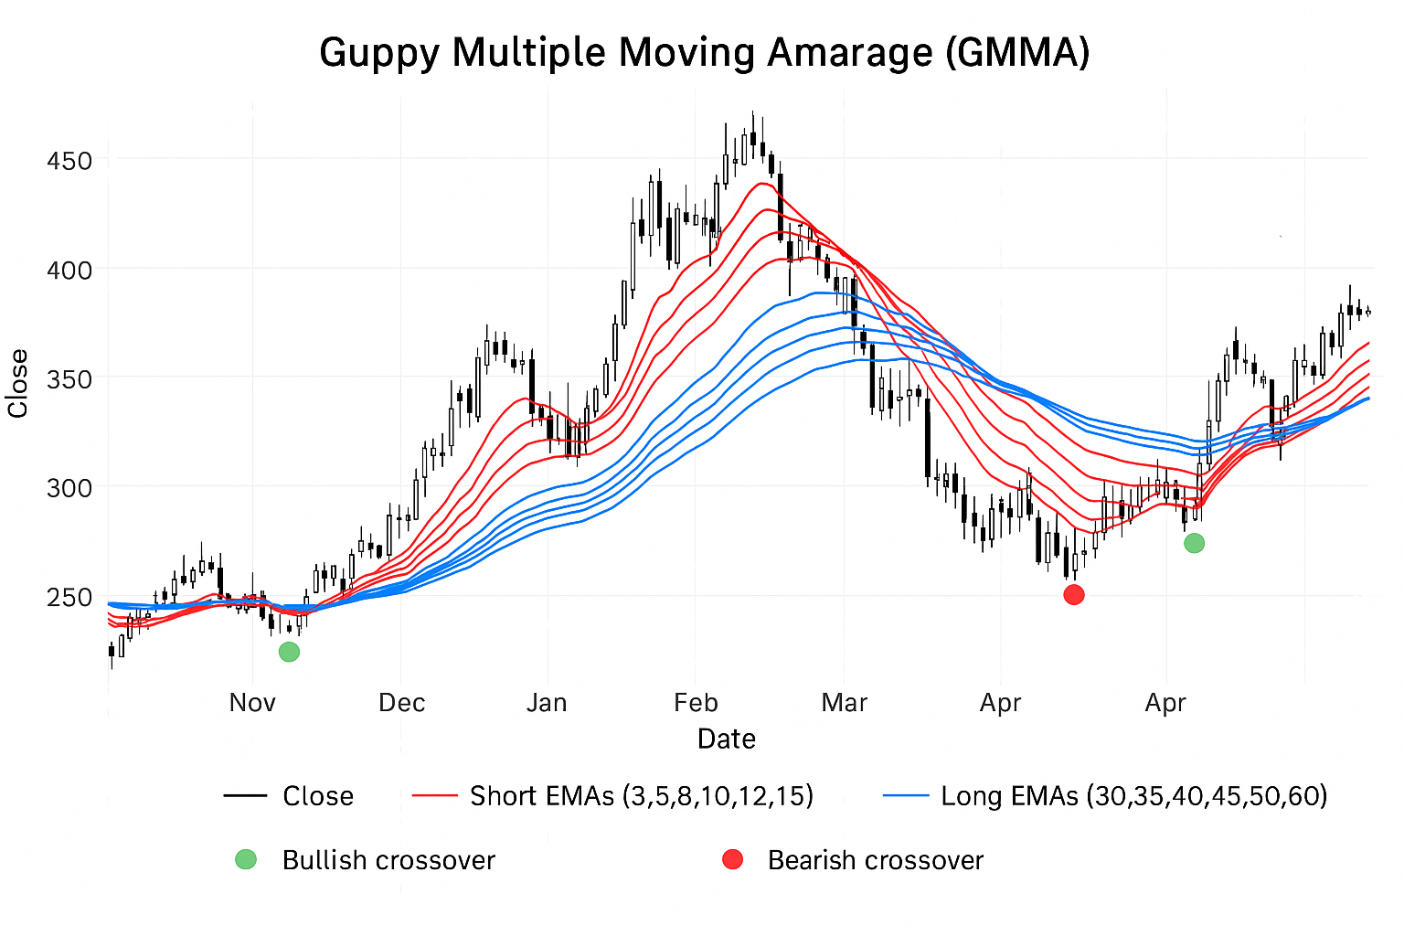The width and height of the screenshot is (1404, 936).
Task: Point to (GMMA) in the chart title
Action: click(x=1017, y=53)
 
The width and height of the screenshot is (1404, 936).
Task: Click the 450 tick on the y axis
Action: click(x=69, y=161)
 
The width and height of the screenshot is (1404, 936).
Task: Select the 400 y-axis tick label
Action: click(x=69, y=271)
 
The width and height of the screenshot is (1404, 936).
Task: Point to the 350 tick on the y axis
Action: click(x=69, y=379)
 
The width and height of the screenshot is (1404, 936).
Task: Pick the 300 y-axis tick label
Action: click(x=69, y=488)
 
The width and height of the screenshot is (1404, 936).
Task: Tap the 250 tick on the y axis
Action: click(x=69, y=598)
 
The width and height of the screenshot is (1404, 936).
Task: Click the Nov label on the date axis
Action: click(x=252, y=703)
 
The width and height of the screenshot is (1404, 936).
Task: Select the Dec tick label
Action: click(x=402, y=703)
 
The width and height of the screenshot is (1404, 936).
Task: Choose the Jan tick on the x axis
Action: click(x=547, y=703)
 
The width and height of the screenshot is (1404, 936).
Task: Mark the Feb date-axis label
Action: click(x=696, y=703)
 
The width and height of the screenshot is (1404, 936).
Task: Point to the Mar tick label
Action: click(x=844, y=703)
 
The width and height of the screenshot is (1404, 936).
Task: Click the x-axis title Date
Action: click(x=727, y=739)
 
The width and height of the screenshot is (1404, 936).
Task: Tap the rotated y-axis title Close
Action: click(x=18, y=384)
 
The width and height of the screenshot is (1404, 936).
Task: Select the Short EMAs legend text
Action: click(x=642, y=796)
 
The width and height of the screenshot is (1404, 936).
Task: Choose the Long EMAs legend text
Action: click(x=1134, y=796)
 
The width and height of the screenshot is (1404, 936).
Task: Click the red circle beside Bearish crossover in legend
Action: click(x=733, y=859)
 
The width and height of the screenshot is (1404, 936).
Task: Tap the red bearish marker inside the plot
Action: click(x=1074, y=595)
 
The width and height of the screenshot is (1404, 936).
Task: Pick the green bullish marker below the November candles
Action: click(x=289, y=652)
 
